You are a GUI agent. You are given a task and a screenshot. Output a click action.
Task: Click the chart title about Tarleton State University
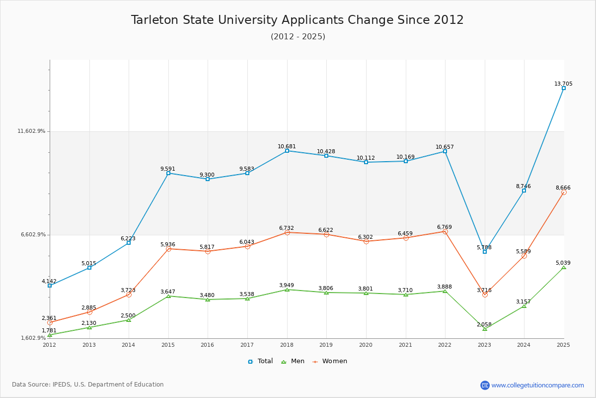pyautogui.click(x=297, y=20)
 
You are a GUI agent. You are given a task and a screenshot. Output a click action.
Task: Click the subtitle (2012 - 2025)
pyautogui.click(x=298, y=37)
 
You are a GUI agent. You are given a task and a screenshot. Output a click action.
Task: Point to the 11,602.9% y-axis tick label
pyautogui.click(x=32, y=131)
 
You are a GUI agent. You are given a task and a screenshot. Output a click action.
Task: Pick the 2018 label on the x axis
pyautogui.click(x=287, y=345)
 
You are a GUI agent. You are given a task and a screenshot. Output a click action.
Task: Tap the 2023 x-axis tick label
pyautogui.click(x=484, y=345)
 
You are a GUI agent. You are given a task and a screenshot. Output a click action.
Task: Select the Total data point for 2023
pyautogui.click(x=485, y=252)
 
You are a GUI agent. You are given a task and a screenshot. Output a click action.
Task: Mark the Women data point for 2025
pyautogui.click(x=564, y=192)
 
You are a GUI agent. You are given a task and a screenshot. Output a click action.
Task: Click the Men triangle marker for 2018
pyautogui.click(x=287, y=290)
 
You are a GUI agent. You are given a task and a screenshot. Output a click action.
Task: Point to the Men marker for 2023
pyautogui.click(x=485, y=329)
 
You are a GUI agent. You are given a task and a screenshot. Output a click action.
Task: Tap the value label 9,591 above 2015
pyautogui.click(x=168, y=169)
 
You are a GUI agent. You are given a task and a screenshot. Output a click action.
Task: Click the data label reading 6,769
pyautogui.click(x=445, y=227)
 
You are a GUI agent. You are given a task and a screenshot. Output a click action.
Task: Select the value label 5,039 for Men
pyautogui.click(x=563, y=263)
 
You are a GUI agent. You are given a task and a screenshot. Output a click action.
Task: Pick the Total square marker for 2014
pyautogui.click(x=129, y=243)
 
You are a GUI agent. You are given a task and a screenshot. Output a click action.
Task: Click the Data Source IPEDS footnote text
pyautogui.click(x=88, y=385)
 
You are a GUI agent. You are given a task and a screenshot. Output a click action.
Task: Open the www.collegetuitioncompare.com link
pyautogui.click(x=537, y=385)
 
